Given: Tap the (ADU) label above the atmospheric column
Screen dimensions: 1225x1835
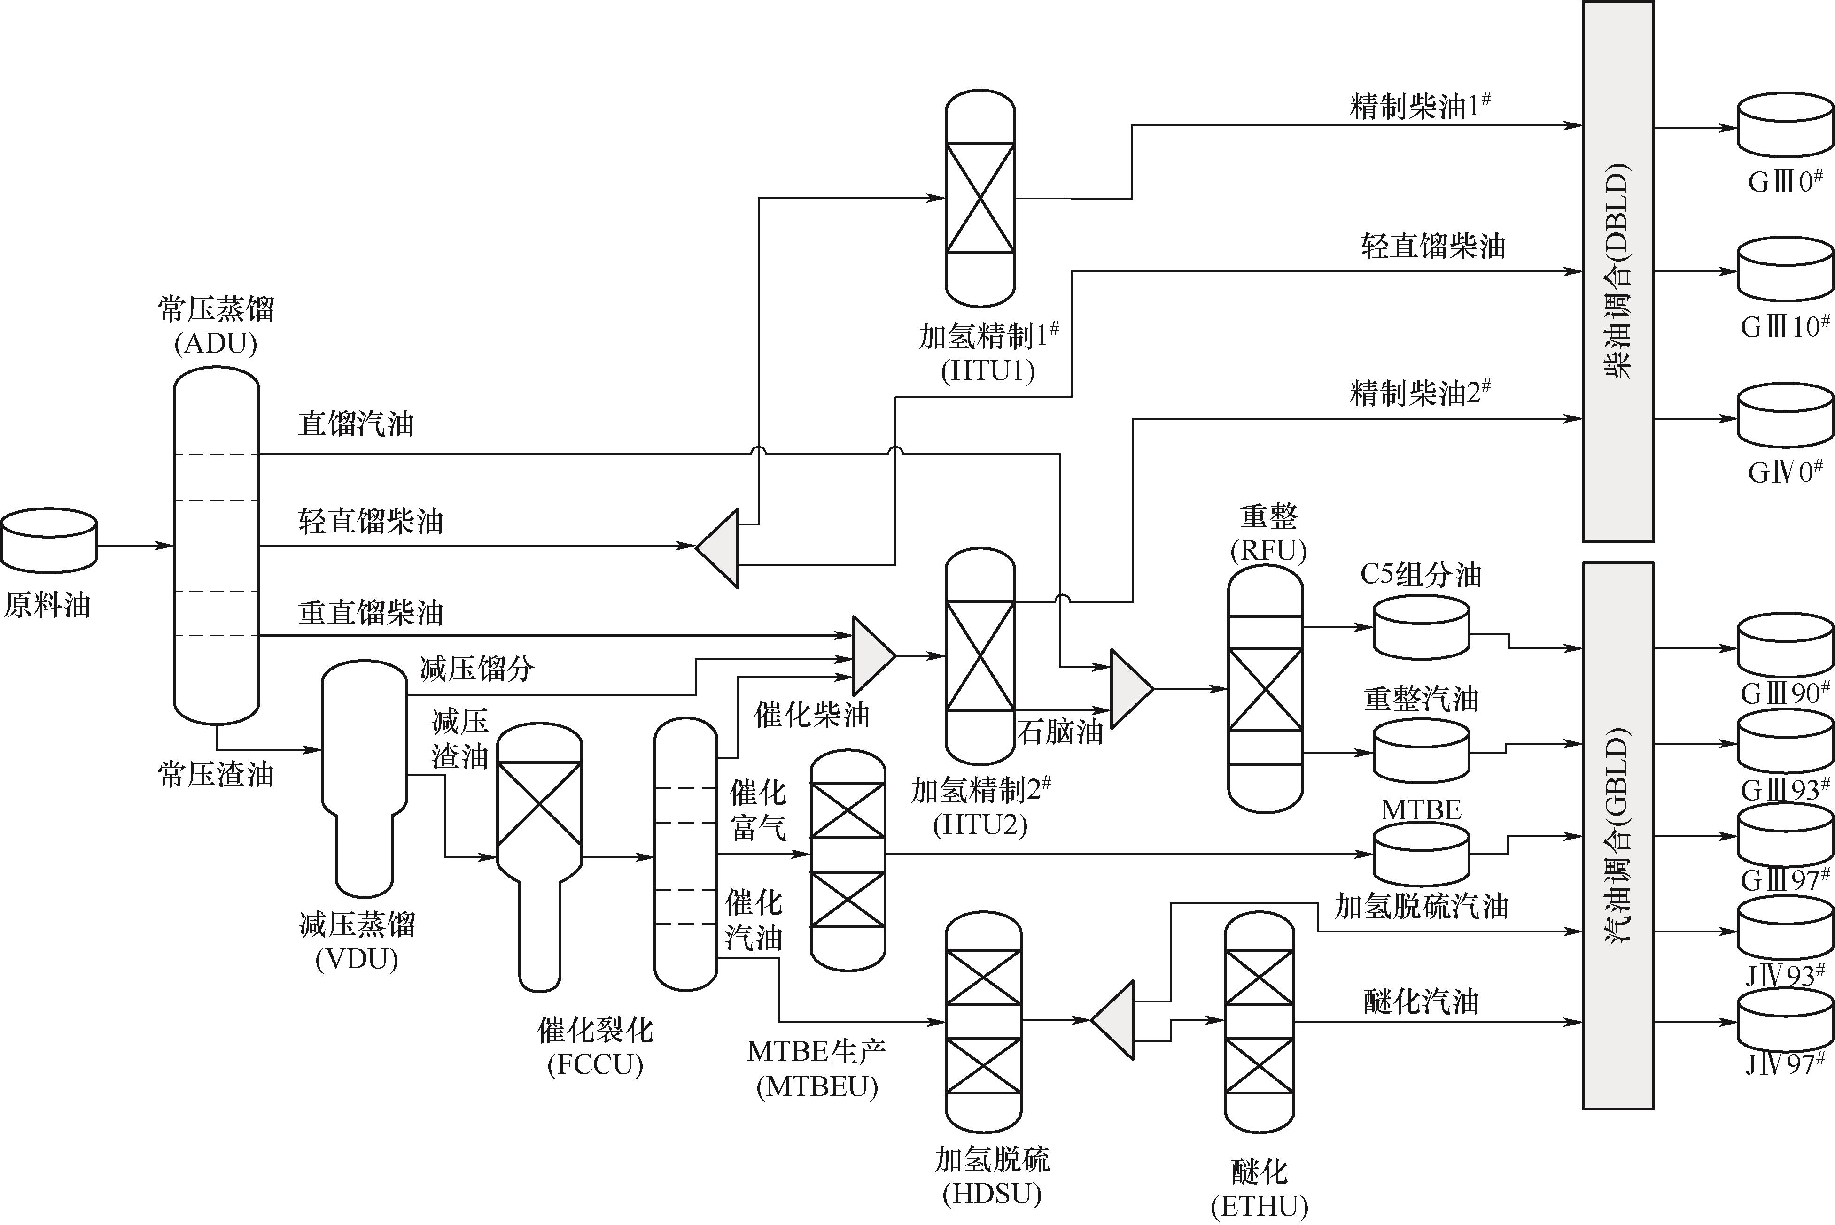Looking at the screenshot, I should click(216, 344).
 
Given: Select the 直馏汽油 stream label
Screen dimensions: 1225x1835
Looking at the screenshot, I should click(356, 424).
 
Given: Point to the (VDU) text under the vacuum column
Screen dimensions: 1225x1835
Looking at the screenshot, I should click(357, 959).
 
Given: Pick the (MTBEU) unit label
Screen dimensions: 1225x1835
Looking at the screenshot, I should click(816, 1086).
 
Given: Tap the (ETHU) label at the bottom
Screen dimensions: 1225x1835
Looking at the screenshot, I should click(1259, 1206).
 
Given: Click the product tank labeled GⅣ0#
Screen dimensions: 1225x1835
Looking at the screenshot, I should click(1785, 416).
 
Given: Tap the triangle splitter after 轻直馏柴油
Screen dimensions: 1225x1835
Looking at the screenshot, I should click(718, 547).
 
